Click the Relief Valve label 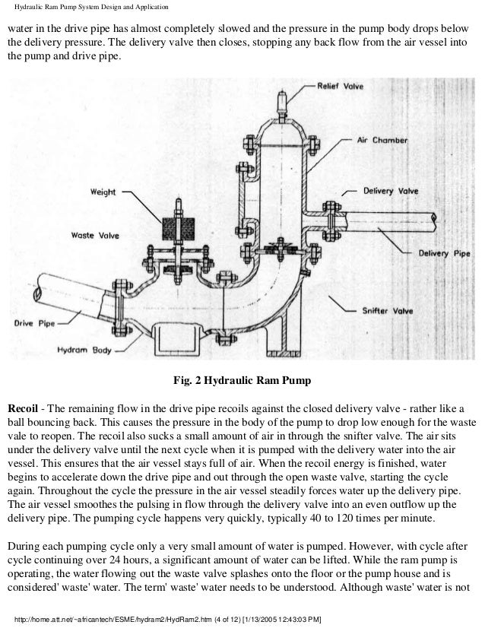339,87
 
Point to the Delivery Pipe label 436,253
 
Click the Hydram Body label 90,352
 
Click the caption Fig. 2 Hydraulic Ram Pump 243,380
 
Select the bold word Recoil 25,402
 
